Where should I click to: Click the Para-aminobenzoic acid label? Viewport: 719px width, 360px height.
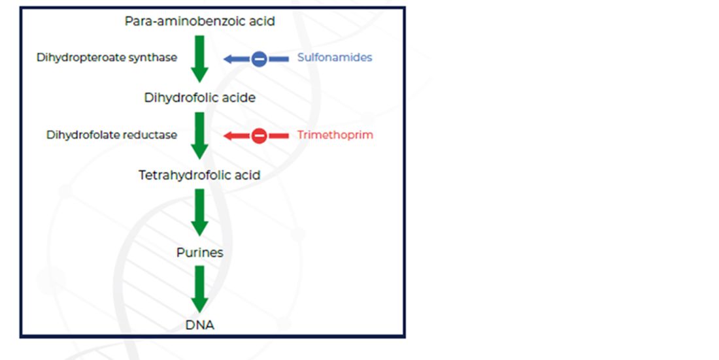(x=199, y=21)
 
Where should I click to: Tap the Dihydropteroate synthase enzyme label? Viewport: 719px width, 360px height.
(x=107, y=57)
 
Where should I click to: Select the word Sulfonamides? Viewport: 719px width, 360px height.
(x=335, y=57)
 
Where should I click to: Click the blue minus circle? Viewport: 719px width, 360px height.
(x=259, y=59)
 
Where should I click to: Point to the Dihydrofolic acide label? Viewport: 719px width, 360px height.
(x=199, y=98)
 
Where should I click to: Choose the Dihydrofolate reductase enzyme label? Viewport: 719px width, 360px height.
(x=111, y=135)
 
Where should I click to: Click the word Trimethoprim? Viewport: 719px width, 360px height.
(x=335, y=135)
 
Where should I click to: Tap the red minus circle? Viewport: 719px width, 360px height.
(x=259, y=136)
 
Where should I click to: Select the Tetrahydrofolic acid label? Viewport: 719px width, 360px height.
(x=199, y=175)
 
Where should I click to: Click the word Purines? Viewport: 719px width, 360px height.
(x=199, y=252)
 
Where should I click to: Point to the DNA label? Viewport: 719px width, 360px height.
(x=199, y=325)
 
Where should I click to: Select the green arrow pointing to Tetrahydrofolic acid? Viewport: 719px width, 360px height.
(x=199, y=135)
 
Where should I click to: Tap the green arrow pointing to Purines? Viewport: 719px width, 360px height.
(x=199, y=212)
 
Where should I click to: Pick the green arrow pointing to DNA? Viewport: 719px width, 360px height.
(x=199, y=288)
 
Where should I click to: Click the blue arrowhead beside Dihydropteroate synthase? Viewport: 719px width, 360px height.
(x=231, y=59)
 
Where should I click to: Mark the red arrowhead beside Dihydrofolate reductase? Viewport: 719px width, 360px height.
(x=231, y=136)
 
